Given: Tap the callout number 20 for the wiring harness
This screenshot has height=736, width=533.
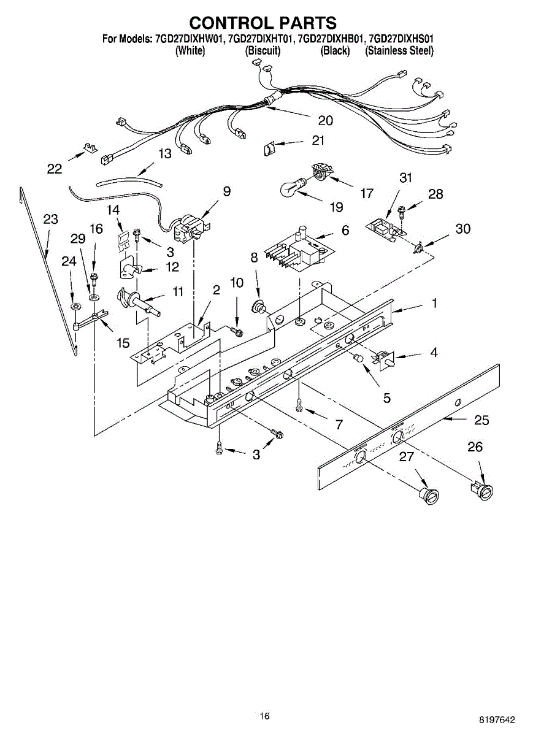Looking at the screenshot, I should (325, 120).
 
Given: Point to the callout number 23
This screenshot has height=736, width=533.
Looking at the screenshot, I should (52, 218).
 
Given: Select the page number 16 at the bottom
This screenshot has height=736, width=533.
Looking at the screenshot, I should (264, 716).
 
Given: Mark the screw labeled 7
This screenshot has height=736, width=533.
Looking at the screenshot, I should (299, 405).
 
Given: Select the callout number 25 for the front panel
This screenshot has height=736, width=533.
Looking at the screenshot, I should (481, 420).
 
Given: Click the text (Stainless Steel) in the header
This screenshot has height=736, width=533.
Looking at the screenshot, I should (399, 51).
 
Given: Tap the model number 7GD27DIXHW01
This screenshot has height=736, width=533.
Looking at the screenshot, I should (188, 39).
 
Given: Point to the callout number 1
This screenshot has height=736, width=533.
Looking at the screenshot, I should (434, 302).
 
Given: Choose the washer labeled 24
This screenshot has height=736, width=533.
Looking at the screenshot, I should (74, 305).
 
